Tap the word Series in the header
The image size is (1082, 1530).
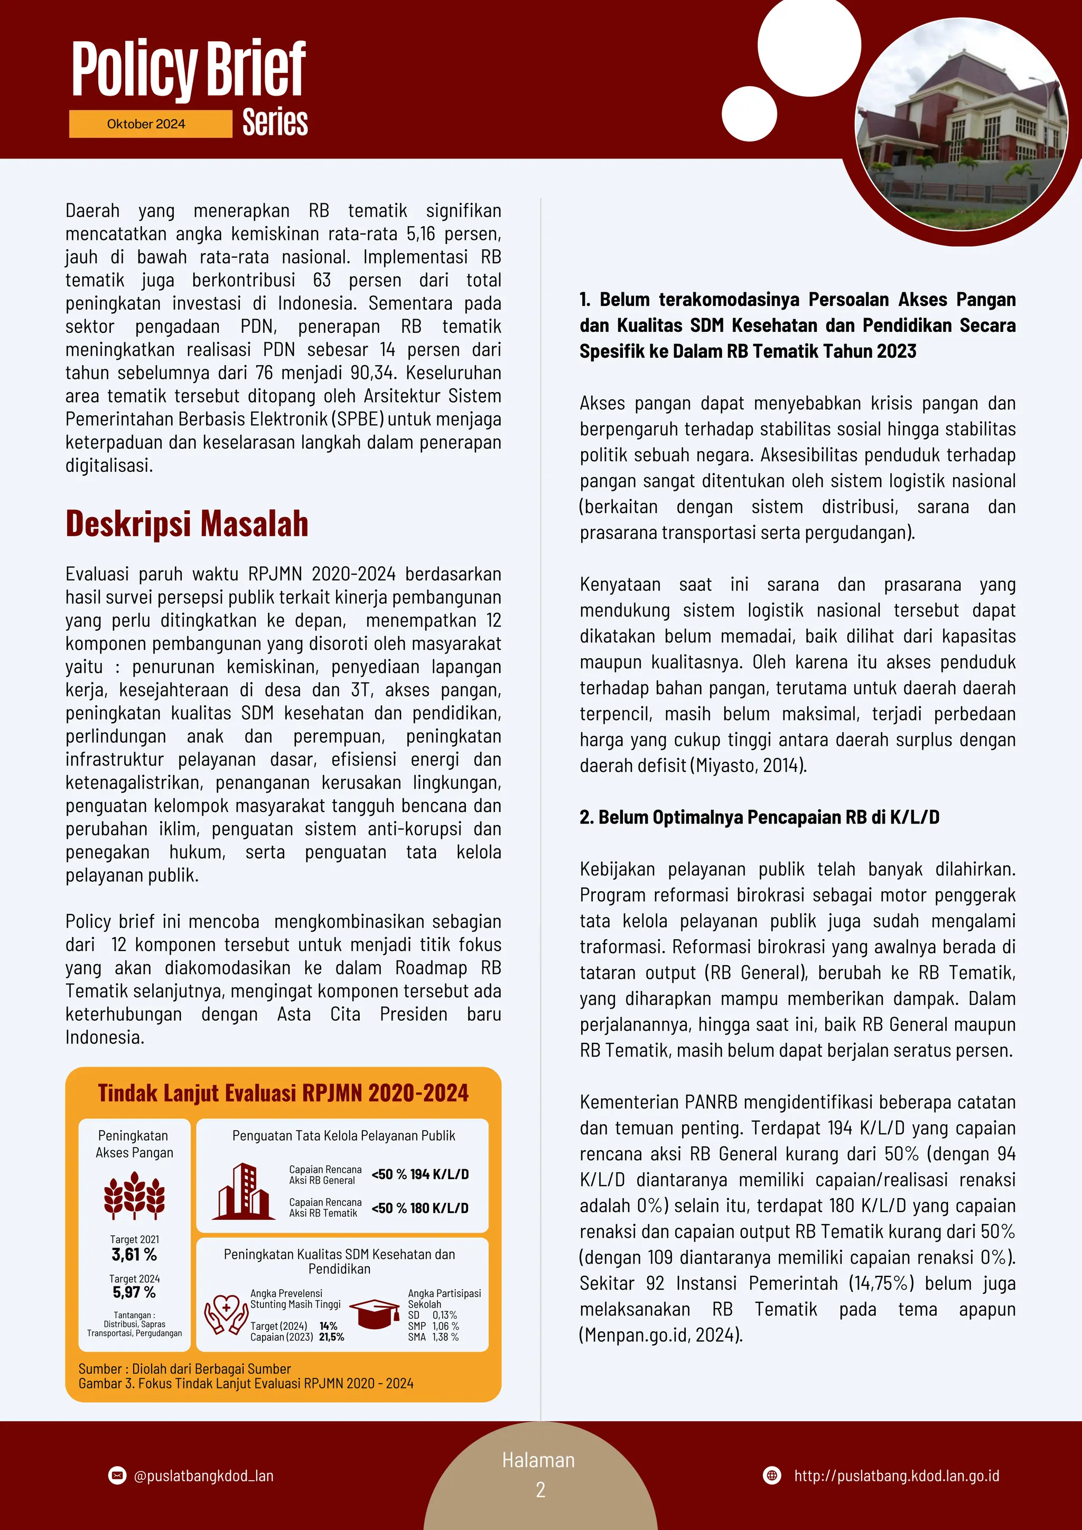tap(275, 123)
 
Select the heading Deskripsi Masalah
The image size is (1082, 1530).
tap(186, 524)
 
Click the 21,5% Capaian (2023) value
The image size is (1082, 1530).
tap(332, 1337)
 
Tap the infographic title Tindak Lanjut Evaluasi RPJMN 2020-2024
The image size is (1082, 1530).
tap(283, 1094)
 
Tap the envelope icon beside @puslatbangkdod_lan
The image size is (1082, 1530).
tap(117, 1476)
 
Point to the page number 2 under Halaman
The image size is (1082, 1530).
tap(540, 1490)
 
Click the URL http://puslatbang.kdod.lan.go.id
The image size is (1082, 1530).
tap(896, 1476)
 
